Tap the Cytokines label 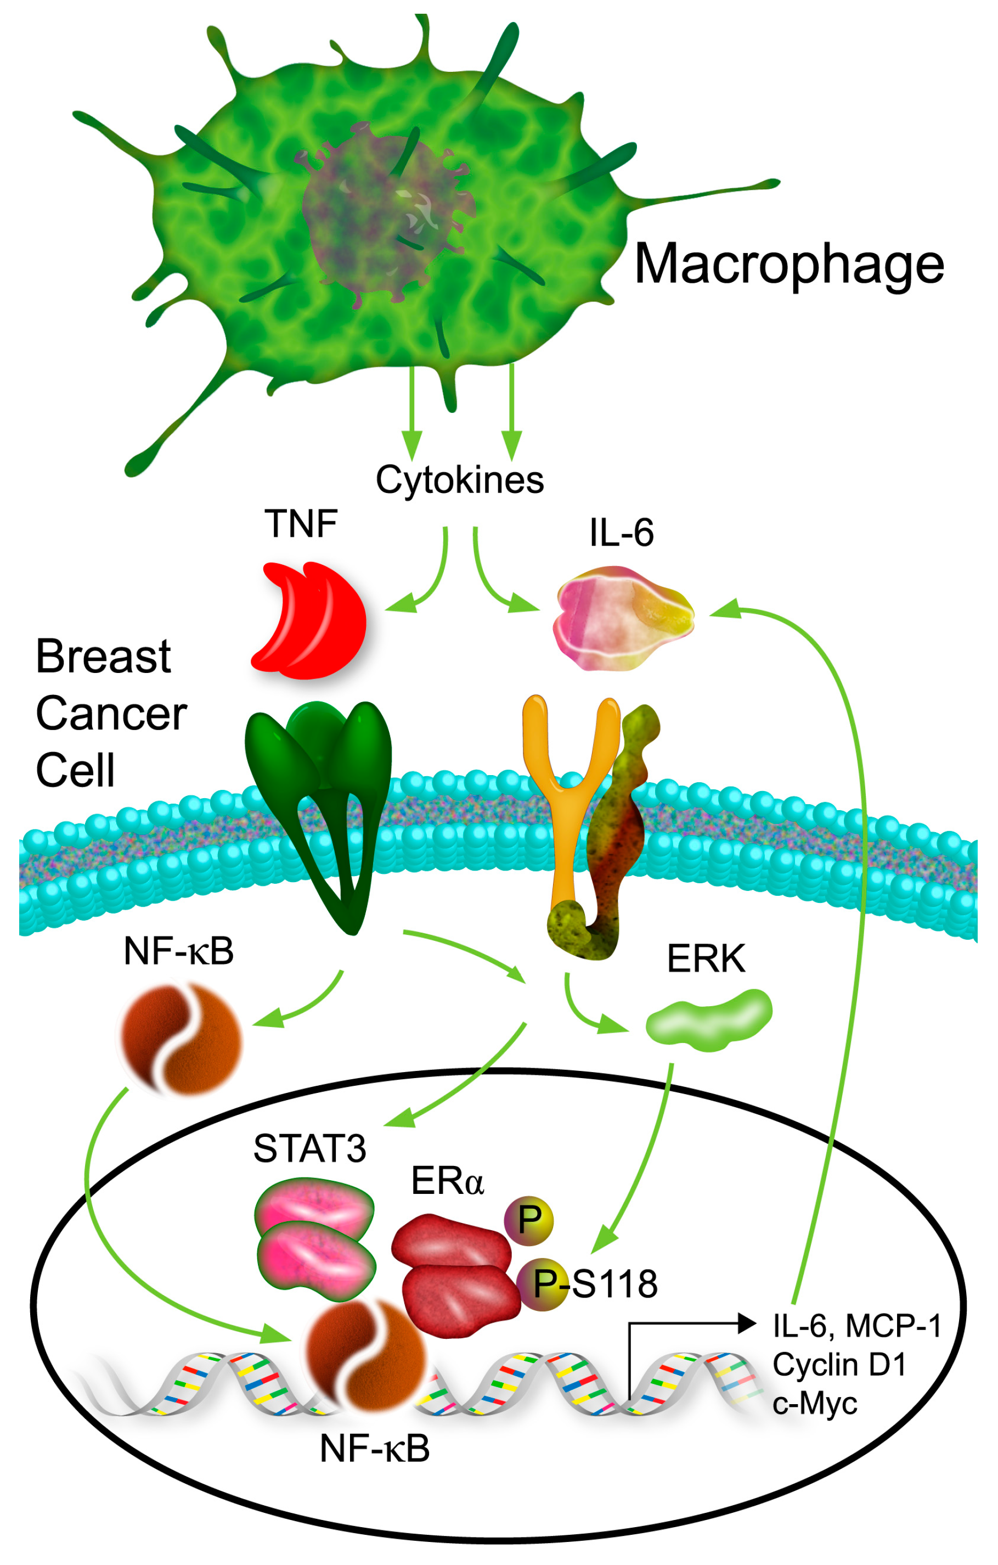[459, 480]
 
